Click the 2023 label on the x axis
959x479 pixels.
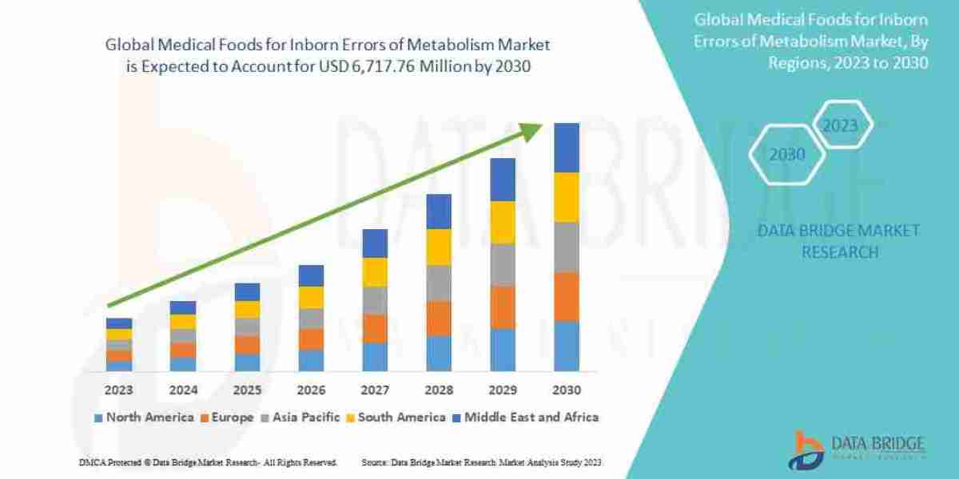click(x=118, y=390)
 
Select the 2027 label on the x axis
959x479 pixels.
click(x=374, y=390)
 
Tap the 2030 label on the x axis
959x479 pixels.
click(x=566, y=390)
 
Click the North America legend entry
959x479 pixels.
click(x=143, y=417)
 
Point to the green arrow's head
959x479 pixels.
click(x=534, y=131)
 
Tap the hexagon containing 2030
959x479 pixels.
click(x=787, y=154)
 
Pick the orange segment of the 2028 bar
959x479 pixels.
click(x=438, y=318)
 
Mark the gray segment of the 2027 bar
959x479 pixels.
click(x=374, y=300)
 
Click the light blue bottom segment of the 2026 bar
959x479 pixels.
click(x=310, y=360)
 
